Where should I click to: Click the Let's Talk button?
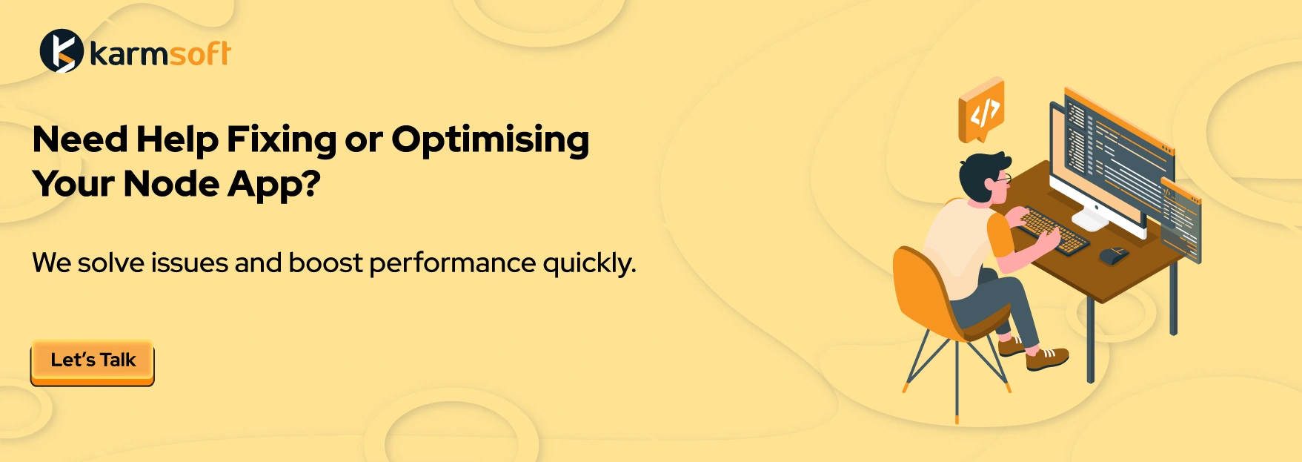point(93,362)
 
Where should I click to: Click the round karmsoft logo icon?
point(61,51)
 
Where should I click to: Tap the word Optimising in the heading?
point(491,141)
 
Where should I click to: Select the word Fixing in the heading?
point(281,141)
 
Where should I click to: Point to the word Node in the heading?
point(172,184)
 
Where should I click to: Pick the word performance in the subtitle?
point(452,264)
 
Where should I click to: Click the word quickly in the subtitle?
point(589,264)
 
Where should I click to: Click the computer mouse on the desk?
point(1114,255)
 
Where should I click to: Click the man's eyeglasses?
point(1003,179)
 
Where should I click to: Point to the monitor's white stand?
point(1089,217)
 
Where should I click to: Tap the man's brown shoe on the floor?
point(1047,360)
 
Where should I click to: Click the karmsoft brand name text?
point(160,53)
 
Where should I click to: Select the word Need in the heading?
point(80,140)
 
